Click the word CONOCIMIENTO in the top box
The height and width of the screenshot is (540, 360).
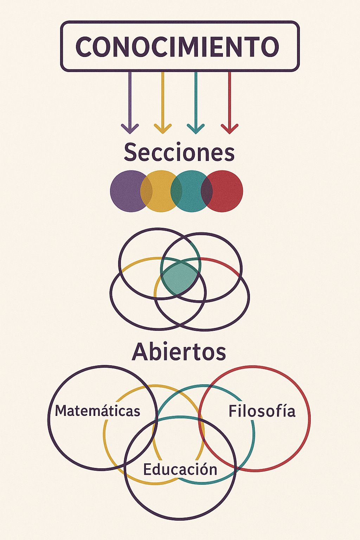(x=177, y=47)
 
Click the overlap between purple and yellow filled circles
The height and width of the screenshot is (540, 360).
(x=147, y=191)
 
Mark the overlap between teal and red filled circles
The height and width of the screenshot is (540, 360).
(x=207, y=191)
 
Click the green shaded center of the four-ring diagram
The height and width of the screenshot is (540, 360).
(x=180, y=278)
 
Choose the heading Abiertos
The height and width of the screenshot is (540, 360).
(x=179, y=352)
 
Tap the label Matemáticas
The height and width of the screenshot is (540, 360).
(x=97, y=411)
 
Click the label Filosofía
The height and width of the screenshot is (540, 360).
(x=262, y=411)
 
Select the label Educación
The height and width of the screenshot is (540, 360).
(x=180, y=470)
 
